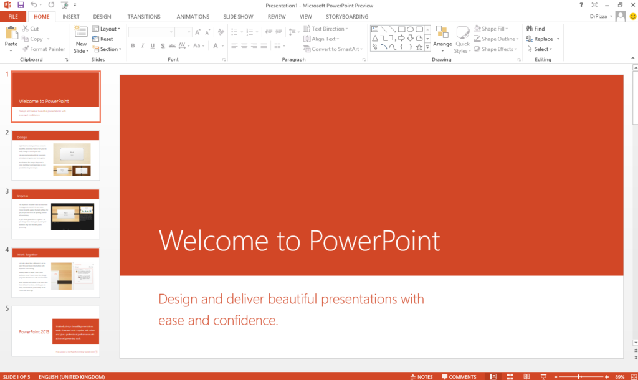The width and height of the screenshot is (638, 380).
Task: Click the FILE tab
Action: pyautogui.click(x=12, y=17)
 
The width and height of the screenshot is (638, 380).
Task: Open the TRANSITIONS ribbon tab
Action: pyautogui.click(x=143, y=17)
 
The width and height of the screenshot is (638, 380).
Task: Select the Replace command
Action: pyautogui.click(x=542, y=39)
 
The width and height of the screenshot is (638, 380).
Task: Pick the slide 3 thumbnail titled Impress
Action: pyautogui.click(x=55, y=214)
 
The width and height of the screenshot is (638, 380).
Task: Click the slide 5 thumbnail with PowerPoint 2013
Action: pyautogui.click(x=55, y=331)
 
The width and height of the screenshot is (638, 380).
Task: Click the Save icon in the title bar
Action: pyautogui.click(x=21, y=5)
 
